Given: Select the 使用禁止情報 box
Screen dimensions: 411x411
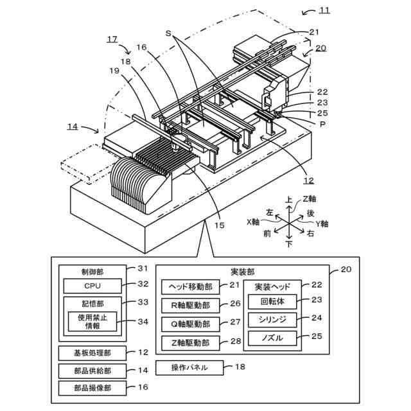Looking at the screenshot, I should [92, 321].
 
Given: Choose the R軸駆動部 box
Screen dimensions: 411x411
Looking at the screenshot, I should [190, 304].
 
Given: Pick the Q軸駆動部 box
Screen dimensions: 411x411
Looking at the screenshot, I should [190, 323].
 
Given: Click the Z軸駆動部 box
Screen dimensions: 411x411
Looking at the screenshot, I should [190, 342].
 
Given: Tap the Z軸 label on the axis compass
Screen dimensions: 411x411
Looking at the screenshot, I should [310, 198].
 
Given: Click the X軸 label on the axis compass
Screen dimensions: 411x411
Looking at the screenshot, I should [252, 222].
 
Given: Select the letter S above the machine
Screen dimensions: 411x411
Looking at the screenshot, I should [168, 32].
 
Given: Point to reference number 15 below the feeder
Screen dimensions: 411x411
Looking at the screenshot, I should [219, 225].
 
